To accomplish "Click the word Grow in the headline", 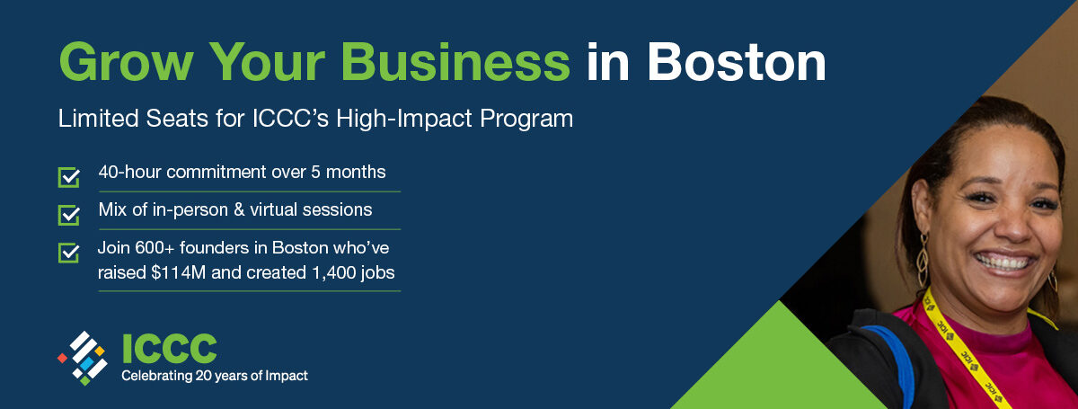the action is coord(126,63).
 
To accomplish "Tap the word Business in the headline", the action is coord(455,63).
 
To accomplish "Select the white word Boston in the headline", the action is coord(737,63).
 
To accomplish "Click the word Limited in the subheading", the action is coord(98,119).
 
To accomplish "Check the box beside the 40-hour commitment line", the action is coord(69,177).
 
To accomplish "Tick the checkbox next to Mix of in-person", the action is coord(69,215).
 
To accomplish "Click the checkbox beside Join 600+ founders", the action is coord(69,253).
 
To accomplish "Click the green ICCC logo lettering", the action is coord(170,348).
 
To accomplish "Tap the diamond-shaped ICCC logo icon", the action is coord(84,358).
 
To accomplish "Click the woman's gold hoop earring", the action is coord(923,261).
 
